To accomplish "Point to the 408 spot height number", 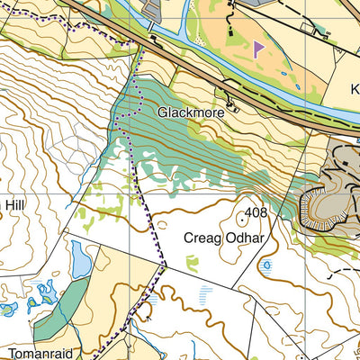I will tap(256, 213).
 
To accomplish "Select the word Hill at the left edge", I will tap(15, 204).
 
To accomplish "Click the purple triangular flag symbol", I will tap(258, 49).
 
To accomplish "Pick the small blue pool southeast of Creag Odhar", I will tap(266, 265).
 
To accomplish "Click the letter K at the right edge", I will tap(354, 89).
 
